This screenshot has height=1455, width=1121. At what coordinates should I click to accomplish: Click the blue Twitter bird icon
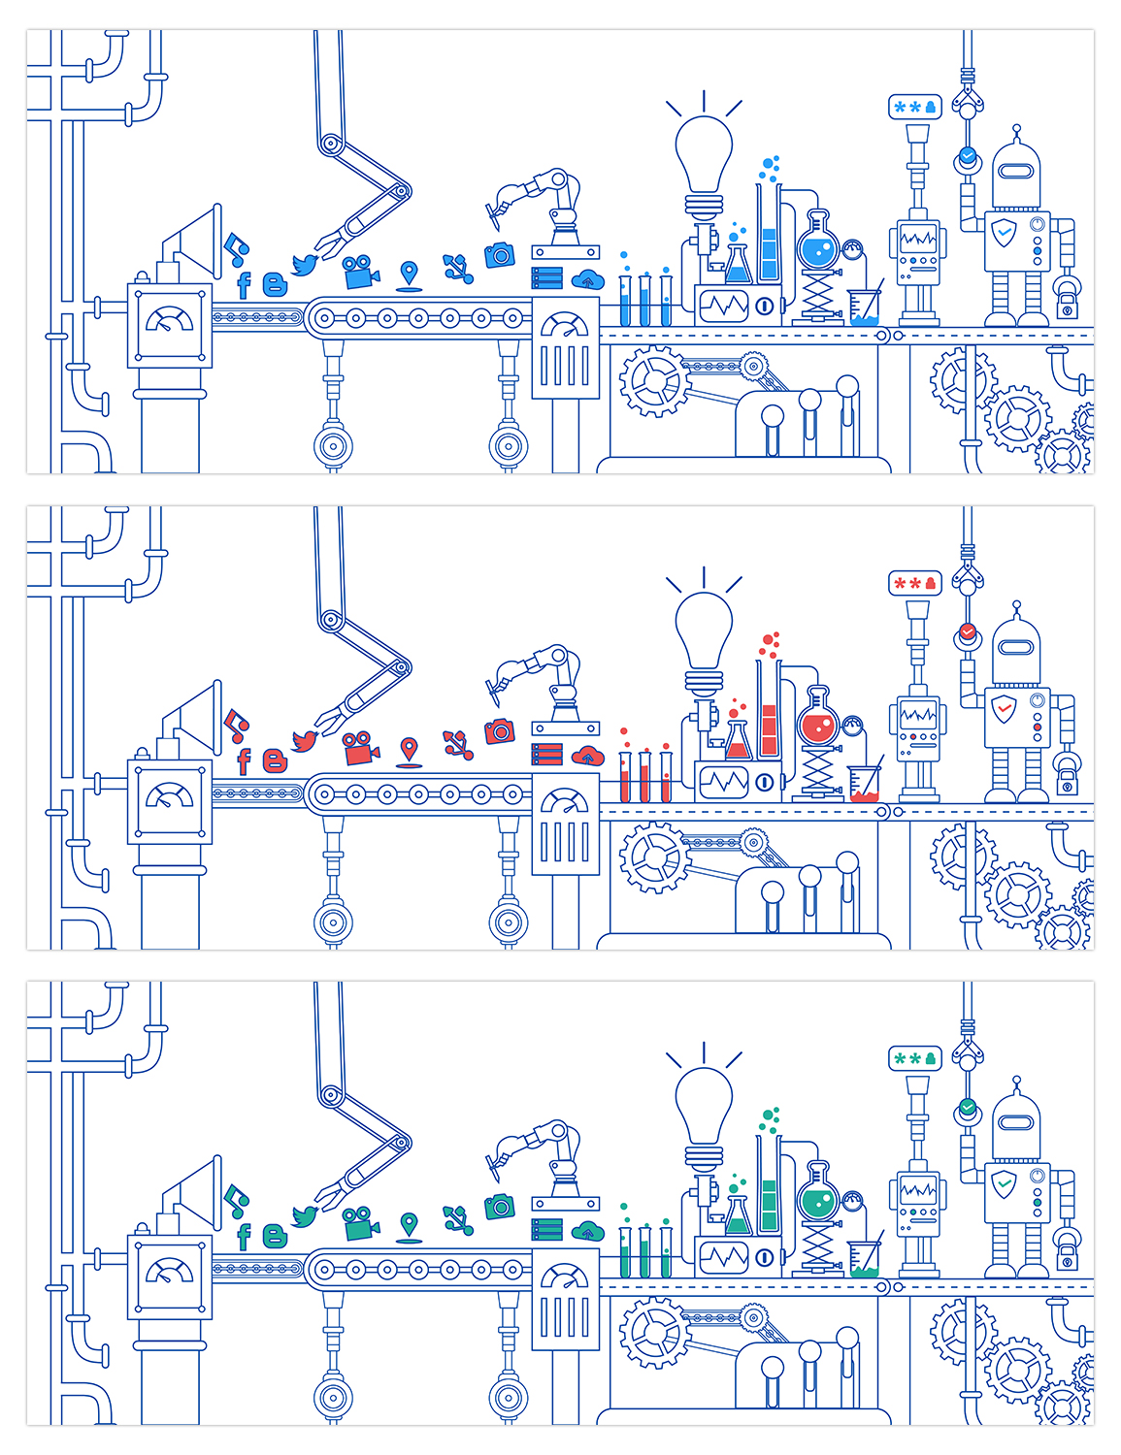tap(305, 264)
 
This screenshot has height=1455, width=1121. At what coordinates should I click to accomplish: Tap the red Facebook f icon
tap(244, 760)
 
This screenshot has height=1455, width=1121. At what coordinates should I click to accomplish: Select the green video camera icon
tap(360, 1223)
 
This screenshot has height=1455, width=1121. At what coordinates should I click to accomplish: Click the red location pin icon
tap(410, 749)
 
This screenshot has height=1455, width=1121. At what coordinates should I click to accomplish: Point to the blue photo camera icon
tap(499, 255)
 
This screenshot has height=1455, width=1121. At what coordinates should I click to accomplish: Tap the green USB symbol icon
tap(458, 1219)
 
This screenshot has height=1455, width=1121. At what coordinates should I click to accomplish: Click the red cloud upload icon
tap(588, 756)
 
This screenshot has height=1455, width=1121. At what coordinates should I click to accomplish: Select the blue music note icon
tap(236, 249)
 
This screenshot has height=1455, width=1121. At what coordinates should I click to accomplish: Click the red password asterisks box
tap(915, 583)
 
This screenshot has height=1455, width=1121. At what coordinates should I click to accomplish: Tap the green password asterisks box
tap(915, 1058)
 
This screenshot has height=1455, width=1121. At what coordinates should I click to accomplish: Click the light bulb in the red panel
tap(704, 626)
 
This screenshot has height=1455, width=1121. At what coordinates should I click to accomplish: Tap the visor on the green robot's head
tap(1016, 1122)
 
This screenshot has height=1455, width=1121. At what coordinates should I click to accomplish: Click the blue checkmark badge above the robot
tap(967, 155)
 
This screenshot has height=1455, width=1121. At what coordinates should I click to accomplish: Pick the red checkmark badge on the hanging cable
tap(967, 631)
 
